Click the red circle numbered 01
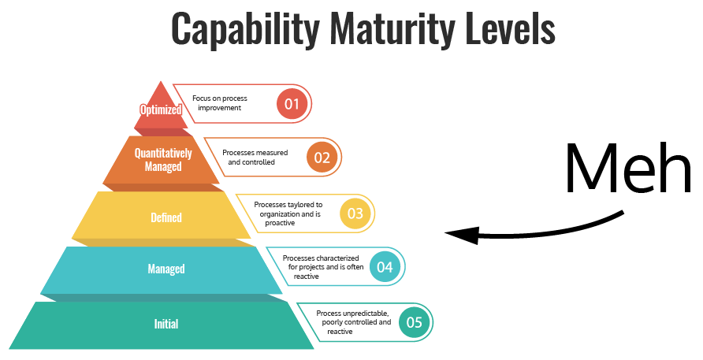point(292,103)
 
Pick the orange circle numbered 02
point(322,157)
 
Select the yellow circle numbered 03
point(355,213)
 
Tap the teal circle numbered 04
point(385,267)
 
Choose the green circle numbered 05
point(415,321)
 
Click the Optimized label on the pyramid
point(161,109)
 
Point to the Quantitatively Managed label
point(163,159)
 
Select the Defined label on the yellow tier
point(166,217)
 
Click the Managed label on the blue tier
point(166,269)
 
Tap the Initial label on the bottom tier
point(166,323)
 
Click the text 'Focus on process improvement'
point(220,102)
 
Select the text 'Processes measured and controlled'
point(254,157)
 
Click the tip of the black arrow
point(447,233)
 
